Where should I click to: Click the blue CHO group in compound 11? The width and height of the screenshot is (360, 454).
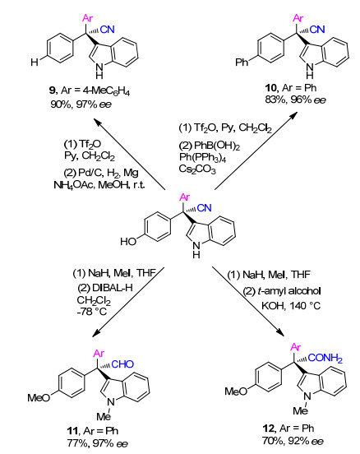(122, 364)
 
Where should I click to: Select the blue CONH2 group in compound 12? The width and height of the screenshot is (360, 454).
(325, 358)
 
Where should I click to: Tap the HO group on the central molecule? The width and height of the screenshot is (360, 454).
(128, 241)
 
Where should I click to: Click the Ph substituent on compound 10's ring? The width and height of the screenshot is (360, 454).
(242, 62)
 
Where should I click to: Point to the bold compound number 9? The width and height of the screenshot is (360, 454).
(53, 90)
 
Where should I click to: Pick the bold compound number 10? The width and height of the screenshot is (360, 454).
(271, 87)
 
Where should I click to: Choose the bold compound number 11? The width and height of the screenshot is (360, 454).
(73, 431)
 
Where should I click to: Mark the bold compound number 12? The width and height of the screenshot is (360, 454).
(269, 428)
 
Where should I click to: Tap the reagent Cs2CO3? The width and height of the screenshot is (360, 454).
(197, 169)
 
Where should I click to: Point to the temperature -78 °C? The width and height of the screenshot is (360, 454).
(92, 312)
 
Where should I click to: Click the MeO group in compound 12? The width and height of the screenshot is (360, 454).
(236, 391)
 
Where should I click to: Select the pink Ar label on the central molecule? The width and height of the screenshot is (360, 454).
(185, 197)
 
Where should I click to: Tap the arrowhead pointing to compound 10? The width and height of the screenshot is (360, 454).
(293, 115)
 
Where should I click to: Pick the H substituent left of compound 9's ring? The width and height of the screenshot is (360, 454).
(35, 62)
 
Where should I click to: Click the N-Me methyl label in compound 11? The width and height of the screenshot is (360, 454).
(104, 417)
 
